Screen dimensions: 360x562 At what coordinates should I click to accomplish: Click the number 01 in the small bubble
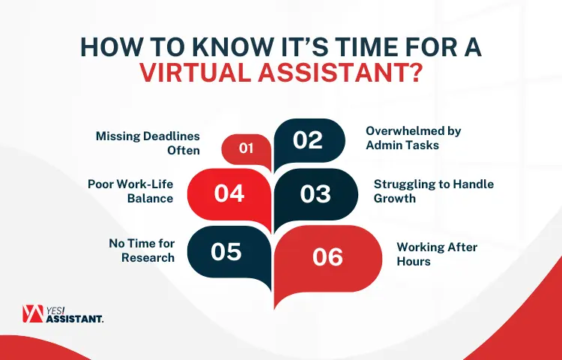pos(246,148)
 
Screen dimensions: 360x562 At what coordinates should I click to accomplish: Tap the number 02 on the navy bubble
pos(307,140)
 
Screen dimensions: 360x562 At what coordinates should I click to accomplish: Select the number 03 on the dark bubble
pos(315,193)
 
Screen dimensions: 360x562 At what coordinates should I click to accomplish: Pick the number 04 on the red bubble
pos(229,193)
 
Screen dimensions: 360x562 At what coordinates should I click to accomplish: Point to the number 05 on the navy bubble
pos(226,251)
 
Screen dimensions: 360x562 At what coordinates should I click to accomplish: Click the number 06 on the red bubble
pos(327,256)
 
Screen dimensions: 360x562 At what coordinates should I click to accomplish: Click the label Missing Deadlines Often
pos(148,143)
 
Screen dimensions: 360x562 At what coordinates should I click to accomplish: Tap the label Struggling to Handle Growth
pos(434,190)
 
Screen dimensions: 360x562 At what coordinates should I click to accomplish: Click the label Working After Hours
pos(437,253)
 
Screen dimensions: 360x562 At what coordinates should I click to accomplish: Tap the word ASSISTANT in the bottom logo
pos(75,319)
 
